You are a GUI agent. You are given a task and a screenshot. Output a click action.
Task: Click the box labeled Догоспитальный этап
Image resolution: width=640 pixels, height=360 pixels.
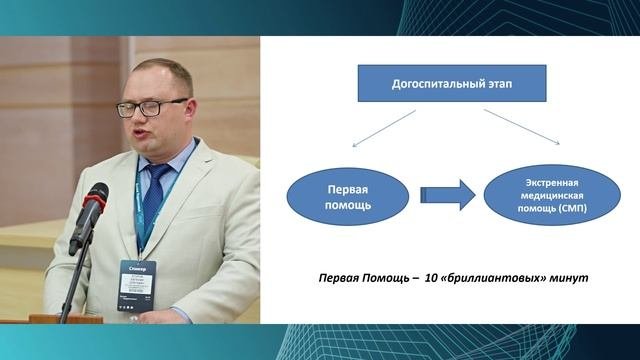[x=452, y=86]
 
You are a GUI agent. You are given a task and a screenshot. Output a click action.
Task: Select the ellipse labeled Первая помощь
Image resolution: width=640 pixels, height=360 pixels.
[x=344, y=195]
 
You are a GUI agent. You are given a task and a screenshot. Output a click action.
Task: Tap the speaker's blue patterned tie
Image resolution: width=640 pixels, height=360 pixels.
[x=153, y=200]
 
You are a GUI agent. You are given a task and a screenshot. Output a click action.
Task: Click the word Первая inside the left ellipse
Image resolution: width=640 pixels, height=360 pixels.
[x=344, y=187]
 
